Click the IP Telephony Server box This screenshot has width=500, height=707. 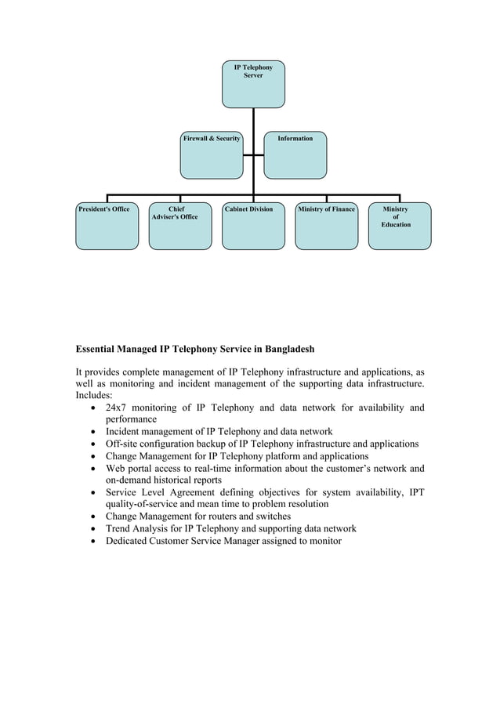(x=253, y=84)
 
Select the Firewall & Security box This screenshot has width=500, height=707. (x=212, y=155)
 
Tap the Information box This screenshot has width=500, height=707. (x=295, y=155)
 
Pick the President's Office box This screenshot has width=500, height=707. (x=107, y=227)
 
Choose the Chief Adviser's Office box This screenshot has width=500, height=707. (x=180, y=227)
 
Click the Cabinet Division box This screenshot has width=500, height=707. (x=253, y=227)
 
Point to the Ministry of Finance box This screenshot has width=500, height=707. (x=326, y=227)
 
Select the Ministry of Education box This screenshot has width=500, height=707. (x=400, y=227)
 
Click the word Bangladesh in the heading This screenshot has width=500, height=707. (x=287, y=347)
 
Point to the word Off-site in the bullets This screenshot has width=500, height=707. (x=124, y=444)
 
